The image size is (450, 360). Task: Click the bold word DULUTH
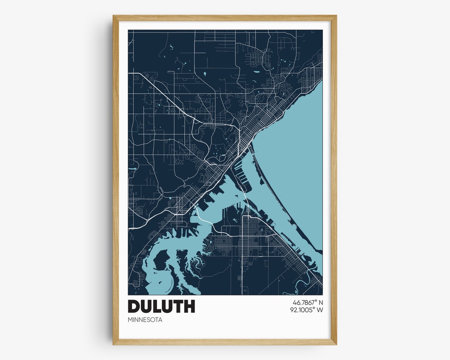coord(161,306)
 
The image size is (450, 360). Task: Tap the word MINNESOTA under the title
coord(145,320)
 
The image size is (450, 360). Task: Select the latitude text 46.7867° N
coord(305,302)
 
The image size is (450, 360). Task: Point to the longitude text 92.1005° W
coord(307,310)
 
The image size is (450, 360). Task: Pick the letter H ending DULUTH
coord(189,306)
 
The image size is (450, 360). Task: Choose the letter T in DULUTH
coord(178,306)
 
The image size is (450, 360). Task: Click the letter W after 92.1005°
coord(320,310)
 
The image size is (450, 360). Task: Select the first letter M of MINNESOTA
coord(130,320)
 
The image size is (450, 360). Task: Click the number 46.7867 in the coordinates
coord(300,302)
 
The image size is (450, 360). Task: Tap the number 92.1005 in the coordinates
coord(302,310)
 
